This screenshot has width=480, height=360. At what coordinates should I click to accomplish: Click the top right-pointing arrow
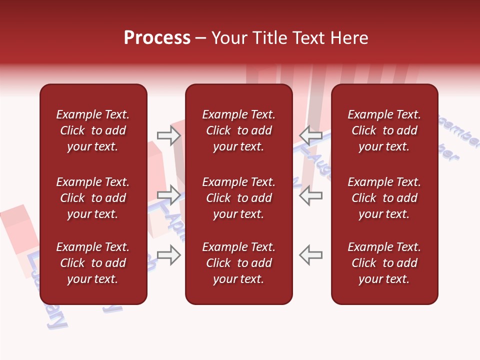pos(169,135)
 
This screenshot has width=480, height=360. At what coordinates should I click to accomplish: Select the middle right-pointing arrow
pos(169,195)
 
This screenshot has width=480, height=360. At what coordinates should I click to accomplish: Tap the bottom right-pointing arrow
pos(169,255)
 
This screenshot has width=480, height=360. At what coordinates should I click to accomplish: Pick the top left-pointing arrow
pos(310,135)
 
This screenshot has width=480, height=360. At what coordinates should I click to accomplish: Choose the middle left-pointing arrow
pos(310,195)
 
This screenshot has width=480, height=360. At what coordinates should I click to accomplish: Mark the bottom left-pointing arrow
pos(310,255)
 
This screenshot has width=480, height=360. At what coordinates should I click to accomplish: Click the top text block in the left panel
pos(93,130)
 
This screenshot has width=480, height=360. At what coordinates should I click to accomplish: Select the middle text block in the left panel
pos(93,198)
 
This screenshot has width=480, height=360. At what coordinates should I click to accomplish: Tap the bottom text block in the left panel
pos(93,263)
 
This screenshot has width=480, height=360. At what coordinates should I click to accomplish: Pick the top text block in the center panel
pos(238,130)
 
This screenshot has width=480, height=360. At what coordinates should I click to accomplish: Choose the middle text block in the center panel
pos(238,198)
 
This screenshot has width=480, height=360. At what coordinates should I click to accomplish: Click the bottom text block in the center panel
pos(238,263)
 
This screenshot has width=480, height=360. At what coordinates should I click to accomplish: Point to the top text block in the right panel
pos(384,130)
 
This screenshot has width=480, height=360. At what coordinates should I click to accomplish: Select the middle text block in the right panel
pos(384,198)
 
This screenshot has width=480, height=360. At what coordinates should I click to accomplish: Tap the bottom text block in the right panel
pos(384,263)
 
